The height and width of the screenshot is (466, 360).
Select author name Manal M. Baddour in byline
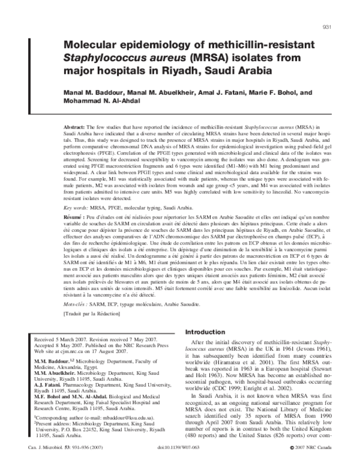[92, 93]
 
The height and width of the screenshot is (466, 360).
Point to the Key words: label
[78, 207]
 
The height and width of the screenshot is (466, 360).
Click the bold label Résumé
[76, 216]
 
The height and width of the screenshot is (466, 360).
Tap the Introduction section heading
[206, 333]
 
